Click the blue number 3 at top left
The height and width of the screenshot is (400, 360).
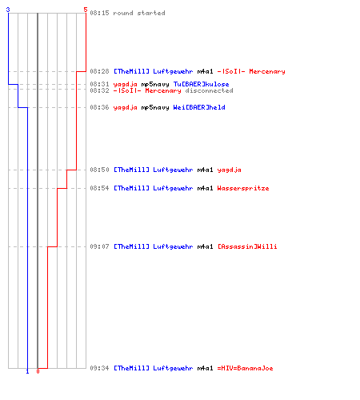(x=8, y=10)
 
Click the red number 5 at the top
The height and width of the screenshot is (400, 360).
(x=86, y=10)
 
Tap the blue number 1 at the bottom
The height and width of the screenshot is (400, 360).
(x=27, y=371)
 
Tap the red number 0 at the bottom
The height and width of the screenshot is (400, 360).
(x=38, y=371)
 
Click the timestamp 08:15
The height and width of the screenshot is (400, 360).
(x=99, y=13)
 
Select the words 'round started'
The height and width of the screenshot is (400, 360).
(x=139, y=13)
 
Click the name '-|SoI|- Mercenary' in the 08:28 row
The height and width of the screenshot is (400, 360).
(x=251, y=71)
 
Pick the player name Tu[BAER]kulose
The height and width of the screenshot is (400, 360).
(x=202, y=84)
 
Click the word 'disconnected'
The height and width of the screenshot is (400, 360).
(x=209, y=90)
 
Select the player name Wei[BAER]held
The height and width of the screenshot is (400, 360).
(x=199, y=107)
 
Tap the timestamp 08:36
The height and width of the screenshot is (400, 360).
(x=99, y=107)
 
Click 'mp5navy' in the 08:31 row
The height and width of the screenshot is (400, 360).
(x=155, y=85)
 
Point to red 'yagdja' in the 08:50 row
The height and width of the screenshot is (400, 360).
(x=230, y=170)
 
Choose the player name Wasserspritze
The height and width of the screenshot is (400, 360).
(x=243, y=188)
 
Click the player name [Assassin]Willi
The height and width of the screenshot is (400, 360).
(x=247, y=246)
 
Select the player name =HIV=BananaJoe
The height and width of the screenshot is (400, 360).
(x=246, y=368)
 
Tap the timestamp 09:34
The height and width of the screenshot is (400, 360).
(x=99, y=368)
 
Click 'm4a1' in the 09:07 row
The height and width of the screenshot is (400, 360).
(x=206, y=246)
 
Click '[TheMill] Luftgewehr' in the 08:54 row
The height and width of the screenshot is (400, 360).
(x=154, y=188)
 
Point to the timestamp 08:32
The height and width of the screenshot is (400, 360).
(x=99, y=90)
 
